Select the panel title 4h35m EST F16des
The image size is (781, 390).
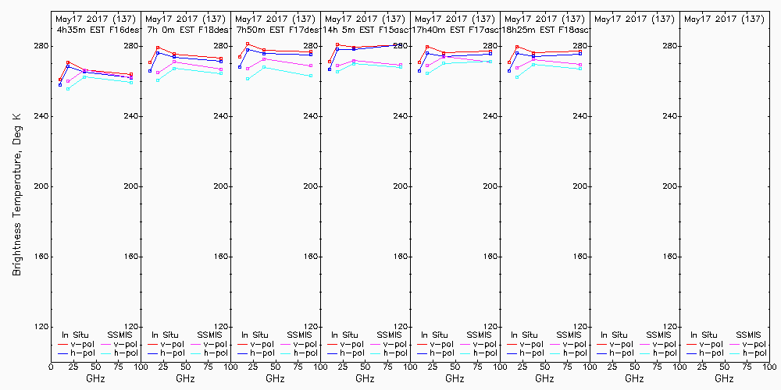(95, 29)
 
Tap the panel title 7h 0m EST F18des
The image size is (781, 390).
(186, 29)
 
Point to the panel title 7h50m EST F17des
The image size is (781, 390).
(276, 29)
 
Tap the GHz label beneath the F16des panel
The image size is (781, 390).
(95, 378)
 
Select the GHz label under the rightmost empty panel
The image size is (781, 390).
(724, 378)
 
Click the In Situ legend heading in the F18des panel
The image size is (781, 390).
(164, 335)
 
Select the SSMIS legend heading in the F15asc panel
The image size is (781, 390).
(389, 335)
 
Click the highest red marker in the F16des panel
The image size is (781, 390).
(69, 62)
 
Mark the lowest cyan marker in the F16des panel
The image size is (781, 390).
(69, 89)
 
